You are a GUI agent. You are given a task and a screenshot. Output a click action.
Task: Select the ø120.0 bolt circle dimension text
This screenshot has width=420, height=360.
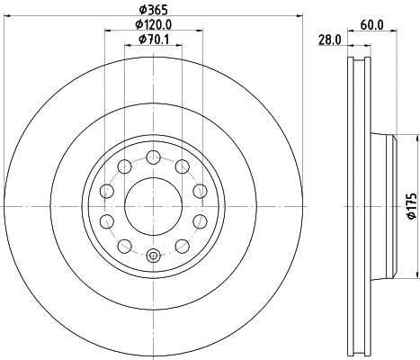click(153, 24)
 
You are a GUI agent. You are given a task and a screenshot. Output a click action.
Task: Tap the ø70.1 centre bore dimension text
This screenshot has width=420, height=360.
click(154, 39)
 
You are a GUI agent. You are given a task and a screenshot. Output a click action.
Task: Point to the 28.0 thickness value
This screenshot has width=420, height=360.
click(329, 39)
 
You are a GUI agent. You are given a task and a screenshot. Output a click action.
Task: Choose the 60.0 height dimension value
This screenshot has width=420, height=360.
click(372, 24)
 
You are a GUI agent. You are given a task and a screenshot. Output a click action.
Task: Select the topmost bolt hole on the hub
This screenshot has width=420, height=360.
click(153, 157)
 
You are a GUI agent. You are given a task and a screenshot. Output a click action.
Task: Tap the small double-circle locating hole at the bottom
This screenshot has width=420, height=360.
click(153, 255)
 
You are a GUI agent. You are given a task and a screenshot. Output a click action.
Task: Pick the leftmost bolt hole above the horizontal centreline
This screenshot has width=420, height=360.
click(107, 191)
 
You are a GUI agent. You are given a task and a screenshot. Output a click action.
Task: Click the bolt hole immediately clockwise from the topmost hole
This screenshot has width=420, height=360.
click(182, 166)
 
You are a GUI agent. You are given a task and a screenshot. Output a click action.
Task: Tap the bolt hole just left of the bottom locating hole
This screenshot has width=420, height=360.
click(124, 245)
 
